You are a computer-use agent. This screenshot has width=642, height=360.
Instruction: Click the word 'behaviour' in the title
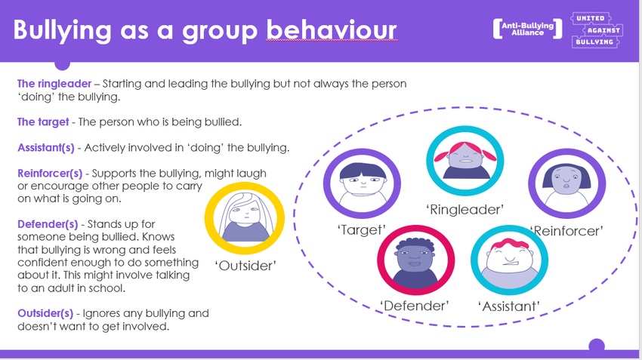332,30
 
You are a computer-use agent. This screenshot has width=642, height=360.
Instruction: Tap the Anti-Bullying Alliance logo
527,29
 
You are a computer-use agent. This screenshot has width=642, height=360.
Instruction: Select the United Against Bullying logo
596,30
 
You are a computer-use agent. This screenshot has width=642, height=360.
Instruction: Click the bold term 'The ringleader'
54,84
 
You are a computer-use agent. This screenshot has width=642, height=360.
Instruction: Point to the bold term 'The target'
43,122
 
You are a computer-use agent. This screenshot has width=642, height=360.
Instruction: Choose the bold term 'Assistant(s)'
46,148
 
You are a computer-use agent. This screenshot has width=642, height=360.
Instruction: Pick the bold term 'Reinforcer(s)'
50,174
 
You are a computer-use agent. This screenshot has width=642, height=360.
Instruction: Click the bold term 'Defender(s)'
48,224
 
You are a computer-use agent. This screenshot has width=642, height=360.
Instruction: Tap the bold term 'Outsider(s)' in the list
45,313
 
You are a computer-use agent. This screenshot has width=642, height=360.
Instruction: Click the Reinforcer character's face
566,180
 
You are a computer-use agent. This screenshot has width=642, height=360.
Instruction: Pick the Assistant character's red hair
510,245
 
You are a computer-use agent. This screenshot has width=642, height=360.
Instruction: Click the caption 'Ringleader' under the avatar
465,210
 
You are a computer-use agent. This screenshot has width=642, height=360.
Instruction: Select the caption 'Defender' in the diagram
415,306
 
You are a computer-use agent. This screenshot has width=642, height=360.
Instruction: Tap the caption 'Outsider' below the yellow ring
245,266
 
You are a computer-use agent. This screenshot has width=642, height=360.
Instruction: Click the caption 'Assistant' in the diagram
509,306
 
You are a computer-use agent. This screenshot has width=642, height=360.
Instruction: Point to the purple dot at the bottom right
597,346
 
